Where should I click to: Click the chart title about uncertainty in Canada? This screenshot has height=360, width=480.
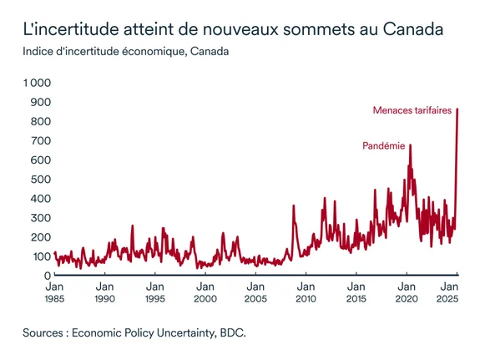pos(232,30)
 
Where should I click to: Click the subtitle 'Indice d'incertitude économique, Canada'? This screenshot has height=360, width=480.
pos(126,53)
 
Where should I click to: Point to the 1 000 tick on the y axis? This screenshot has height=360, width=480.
pos(37,83)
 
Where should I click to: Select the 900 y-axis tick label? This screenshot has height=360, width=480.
pos(41,102)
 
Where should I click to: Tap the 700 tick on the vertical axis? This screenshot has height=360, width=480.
pos(41,140)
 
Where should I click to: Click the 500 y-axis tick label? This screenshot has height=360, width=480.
pos(41,179)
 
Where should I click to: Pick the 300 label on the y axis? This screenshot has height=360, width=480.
pos(41,217)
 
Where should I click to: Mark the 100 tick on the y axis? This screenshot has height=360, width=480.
pos(41,256)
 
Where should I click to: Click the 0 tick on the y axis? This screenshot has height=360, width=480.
pos(47,275)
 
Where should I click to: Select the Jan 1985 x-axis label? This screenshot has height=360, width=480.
pos(54,292)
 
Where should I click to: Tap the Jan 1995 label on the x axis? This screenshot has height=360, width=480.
pos(154,292)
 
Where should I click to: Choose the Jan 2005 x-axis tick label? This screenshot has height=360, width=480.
pos(255,292)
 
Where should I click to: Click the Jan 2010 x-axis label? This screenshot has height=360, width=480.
pos(306,292)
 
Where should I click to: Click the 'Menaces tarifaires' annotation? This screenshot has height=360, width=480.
pos(412,110)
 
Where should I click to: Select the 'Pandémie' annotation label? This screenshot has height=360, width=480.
pos(384,145)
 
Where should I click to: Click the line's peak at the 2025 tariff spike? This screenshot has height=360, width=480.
pos(457,109)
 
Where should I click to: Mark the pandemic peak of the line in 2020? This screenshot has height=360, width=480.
pos(410,145)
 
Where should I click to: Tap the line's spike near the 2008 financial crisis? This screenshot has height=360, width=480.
pos(294,205)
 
